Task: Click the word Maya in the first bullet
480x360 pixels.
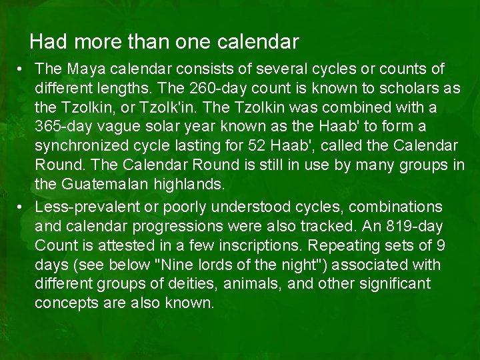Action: tap(85, 69)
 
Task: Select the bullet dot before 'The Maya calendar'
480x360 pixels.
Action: tap(22, 69)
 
